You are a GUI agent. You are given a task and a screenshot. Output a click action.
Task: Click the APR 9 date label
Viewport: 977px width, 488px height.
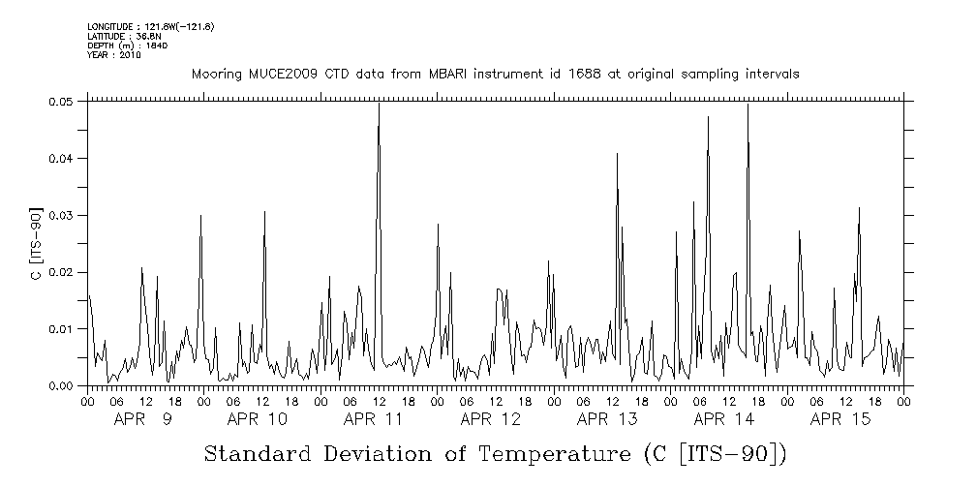tap(143, 419)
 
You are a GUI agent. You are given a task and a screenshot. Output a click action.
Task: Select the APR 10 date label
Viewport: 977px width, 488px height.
tap(258, 419)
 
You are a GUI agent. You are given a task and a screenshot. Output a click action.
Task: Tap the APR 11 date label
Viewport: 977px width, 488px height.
tap(374, 419)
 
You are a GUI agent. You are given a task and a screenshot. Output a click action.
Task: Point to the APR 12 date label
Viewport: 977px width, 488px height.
tap(491, 419)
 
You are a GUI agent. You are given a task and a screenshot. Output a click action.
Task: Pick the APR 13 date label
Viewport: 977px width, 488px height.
tap(607, 419)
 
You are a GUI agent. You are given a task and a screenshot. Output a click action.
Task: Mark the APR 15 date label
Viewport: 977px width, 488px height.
tap(840, 419)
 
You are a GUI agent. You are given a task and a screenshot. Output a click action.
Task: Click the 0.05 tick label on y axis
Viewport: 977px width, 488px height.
tap(61, 102)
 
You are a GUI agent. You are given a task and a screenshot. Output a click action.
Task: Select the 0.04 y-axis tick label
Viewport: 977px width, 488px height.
tap(61, 159)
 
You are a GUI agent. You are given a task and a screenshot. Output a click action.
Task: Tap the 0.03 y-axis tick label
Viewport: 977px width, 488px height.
tap(61, 215)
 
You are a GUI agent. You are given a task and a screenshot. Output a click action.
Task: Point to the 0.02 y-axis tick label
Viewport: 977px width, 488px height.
tap(61, 272)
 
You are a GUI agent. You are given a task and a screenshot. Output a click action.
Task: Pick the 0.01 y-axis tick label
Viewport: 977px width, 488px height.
tap(61, 329)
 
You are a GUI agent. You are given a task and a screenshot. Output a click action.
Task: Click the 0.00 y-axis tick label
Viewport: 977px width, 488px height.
tap(61, 386)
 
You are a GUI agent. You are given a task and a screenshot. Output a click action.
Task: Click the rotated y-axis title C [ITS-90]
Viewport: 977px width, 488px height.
tap(36, 243)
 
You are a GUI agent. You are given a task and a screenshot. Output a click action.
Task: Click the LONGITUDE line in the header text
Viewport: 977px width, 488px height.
tap(150, 26)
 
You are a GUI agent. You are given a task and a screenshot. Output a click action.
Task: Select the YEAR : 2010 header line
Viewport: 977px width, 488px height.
tap(113, 55)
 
